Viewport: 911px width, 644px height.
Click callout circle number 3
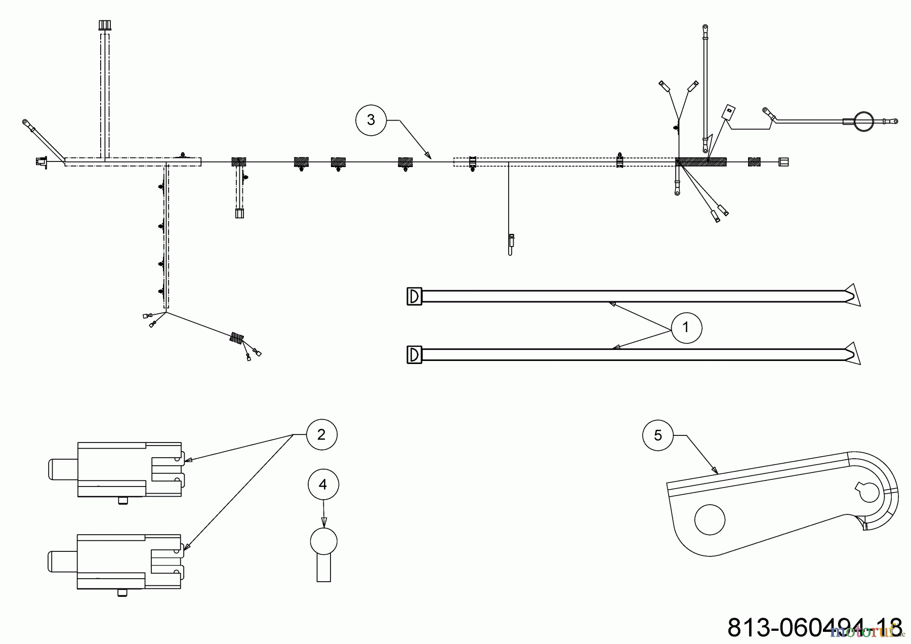tap(370, 120)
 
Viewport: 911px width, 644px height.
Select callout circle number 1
tap(686, 328)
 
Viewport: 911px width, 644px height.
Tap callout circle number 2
tap(322, 434)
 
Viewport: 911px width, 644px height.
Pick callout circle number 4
tap(323, 485)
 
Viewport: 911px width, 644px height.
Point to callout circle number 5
tap(658, 435)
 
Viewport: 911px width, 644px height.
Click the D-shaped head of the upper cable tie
tap(415, 296)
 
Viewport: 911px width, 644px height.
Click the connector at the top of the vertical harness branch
tap(104, 25)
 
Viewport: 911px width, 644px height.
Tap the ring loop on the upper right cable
tap(863, 121)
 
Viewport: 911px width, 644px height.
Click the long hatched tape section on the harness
tap(701, 162)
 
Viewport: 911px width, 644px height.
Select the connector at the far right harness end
tap(783, 162)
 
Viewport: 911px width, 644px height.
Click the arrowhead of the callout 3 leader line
tap(428, 155)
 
